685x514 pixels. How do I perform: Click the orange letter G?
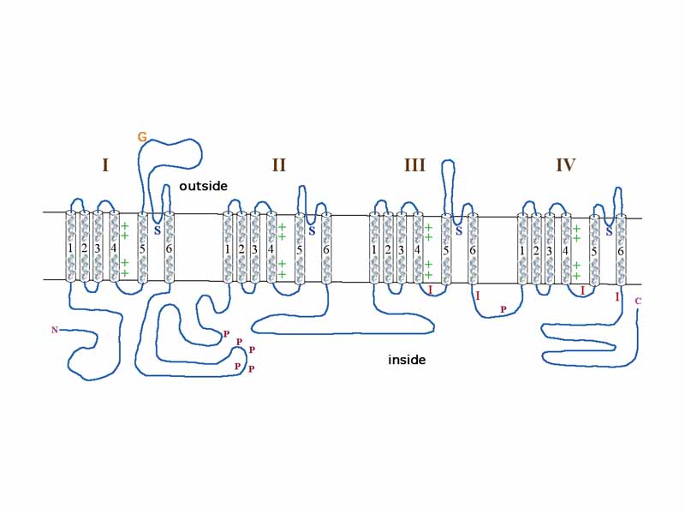pos(141,137)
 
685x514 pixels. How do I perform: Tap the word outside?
pos(203,187)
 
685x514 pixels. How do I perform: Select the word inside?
pos(407,360)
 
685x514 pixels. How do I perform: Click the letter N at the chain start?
pos(55,329)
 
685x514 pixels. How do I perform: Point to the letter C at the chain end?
pos(638,301)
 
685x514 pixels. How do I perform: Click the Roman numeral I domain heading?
pos(105,165)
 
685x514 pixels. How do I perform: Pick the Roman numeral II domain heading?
pos(278,165)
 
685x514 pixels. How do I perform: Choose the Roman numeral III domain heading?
pos(414,165)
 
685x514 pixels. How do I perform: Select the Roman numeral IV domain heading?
pos(565,165)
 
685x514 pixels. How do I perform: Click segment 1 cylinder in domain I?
pos(70,248)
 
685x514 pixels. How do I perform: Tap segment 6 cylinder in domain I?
pos(170,248)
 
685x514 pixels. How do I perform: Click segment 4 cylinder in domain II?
pos(271,248)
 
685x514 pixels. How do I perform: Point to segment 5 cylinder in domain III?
pos(446,248)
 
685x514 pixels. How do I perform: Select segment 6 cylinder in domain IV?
pos(621,249)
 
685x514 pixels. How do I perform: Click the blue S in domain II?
pos(312,230)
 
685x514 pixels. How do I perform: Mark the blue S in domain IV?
pos(609,230)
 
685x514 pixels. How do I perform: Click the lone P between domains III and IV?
pos(503,309)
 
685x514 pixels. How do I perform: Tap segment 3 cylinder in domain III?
pos(402,248)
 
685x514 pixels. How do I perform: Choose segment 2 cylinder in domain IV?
pos(536,249)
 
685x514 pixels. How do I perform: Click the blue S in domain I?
pos(157,230)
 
